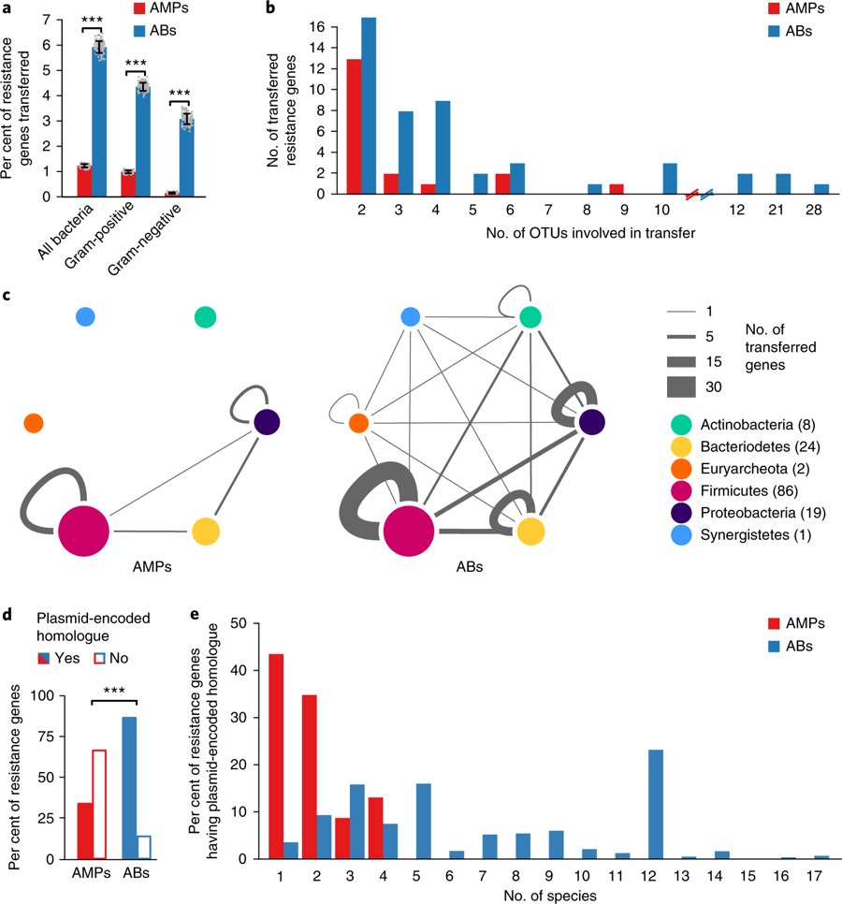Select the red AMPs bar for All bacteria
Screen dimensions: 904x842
(x=84, y=181)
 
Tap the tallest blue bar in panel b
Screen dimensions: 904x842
(x=369, y=106)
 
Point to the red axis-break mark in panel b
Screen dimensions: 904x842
(x=693, y=194)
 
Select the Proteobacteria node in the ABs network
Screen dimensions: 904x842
(x=590, y=423)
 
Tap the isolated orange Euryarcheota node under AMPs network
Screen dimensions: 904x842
(x=34, y=423)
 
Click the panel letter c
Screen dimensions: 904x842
(x=7, y=297)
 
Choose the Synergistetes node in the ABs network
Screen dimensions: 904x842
(x=410, y=317)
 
